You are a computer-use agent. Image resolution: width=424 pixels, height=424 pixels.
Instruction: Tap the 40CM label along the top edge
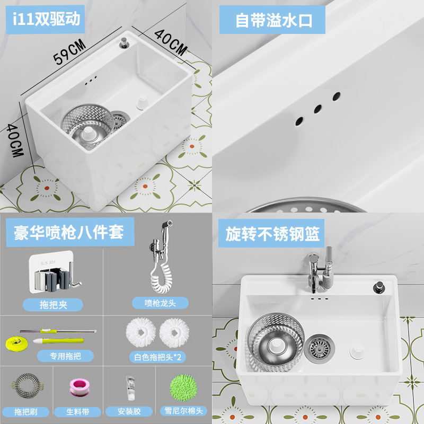[x=171, y=42]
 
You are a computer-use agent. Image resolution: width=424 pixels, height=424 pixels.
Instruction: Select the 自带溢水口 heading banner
[x=273, y=20]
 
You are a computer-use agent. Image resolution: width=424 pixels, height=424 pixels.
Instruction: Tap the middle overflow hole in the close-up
[x=317, y=109]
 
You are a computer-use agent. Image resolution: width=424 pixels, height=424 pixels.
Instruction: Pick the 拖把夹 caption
[x=53, y=304]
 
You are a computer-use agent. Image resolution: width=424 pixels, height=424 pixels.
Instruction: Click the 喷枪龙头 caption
[x=159, y=303]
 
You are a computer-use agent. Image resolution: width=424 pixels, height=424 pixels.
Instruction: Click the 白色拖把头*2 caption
[x=157, y=357]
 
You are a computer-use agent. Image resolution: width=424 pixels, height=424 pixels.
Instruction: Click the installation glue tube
[x=129, y=388]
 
